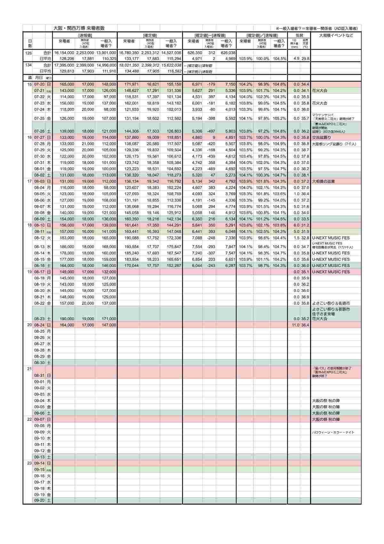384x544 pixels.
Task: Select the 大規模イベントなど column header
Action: click(336, 36)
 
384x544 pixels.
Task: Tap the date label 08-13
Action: click(39, 247)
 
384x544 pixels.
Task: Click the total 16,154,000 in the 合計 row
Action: click(64, 53)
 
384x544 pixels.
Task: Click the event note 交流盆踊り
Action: click(322, 137)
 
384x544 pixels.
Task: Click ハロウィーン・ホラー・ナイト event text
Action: click(333, 433)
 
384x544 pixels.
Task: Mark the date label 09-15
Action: click(39, 470)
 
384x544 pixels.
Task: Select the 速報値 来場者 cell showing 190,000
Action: click(67, 319)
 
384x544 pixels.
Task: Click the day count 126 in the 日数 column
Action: click(28, 53)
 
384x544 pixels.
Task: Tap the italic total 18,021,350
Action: click(128, 65)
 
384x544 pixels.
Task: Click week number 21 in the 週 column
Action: click(29, 369)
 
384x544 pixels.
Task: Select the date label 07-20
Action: click(39, 84)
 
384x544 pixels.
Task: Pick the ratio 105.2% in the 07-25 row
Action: click(279, 119)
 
